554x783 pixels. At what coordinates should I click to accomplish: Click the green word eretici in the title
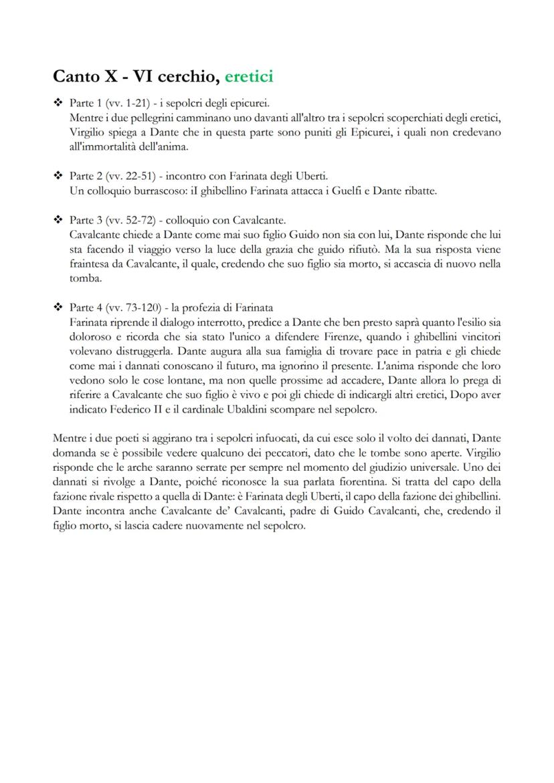248,77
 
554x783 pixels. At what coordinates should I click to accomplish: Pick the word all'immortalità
101,147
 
